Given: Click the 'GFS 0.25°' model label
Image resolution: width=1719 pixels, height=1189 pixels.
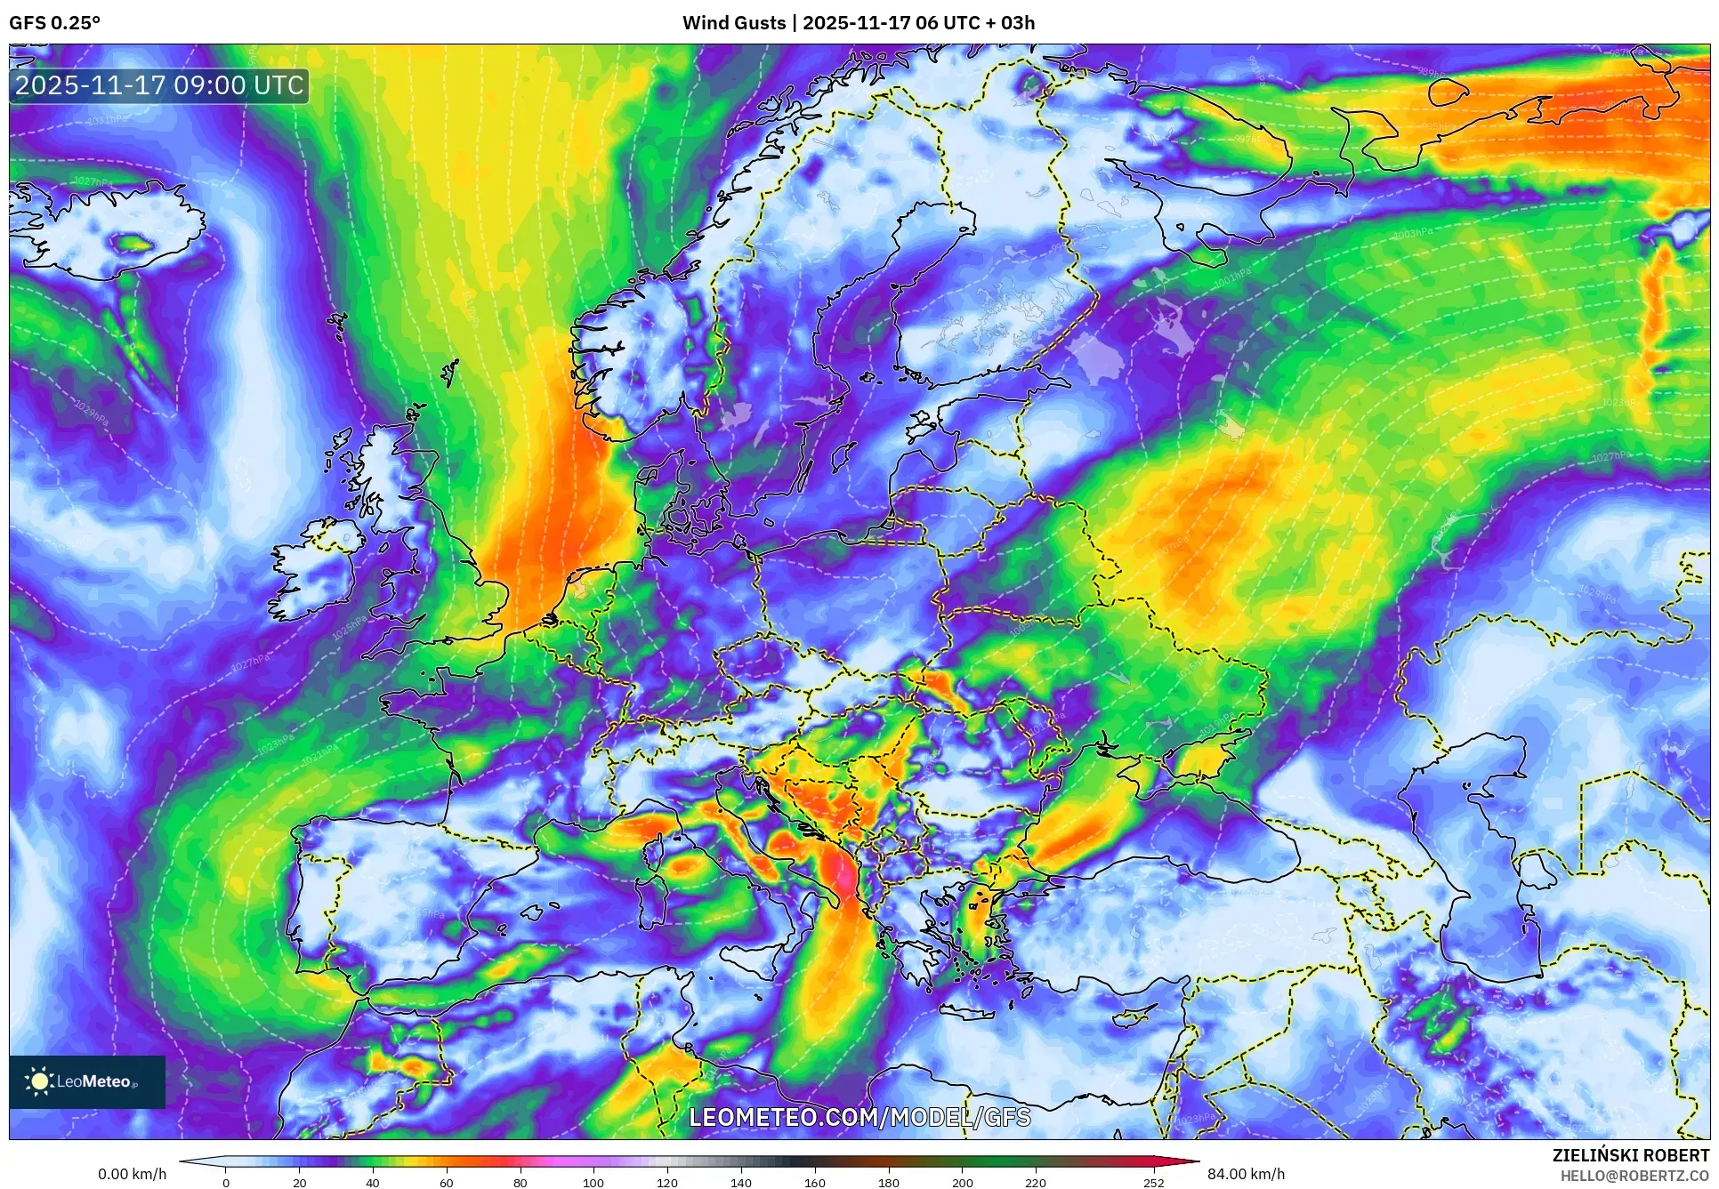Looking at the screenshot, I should click(54, 23).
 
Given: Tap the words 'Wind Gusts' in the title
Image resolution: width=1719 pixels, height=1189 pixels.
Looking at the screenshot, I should click(734, 23).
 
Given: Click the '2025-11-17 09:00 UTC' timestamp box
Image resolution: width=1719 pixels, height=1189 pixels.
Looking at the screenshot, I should click(159, 85).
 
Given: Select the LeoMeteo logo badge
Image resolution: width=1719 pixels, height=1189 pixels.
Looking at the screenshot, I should click(87, 1081).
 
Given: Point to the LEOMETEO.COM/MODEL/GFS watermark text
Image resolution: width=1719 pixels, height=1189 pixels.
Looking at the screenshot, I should click(859, 1117).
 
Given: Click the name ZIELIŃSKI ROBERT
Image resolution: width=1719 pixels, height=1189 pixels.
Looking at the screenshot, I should click(1630, 1155).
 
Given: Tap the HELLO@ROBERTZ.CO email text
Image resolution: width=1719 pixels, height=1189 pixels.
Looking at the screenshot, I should click(1634, 1176).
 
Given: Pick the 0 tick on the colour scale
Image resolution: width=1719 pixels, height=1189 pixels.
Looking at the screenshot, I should click(226, 1183).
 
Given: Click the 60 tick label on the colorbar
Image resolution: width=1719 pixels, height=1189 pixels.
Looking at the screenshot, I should click(446, 1183).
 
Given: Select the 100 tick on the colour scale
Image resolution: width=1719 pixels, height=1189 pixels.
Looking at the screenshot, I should click(593, 1183).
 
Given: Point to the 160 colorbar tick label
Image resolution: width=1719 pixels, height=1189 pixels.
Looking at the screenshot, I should click(814, 1183).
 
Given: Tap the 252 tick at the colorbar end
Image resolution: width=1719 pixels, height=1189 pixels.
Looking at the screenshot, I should click(1153, 1183).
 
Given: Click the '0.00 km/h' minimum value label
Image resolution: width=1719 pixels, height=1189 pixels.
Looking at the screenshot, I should click(132, 1174).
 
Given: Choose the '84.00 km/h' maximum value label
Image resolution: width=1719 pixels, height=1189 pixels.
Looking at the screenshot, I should click(1246, 1174).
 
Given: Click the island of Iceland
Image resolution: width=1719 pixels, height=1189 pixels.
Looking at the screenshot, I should click(107, 231).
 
